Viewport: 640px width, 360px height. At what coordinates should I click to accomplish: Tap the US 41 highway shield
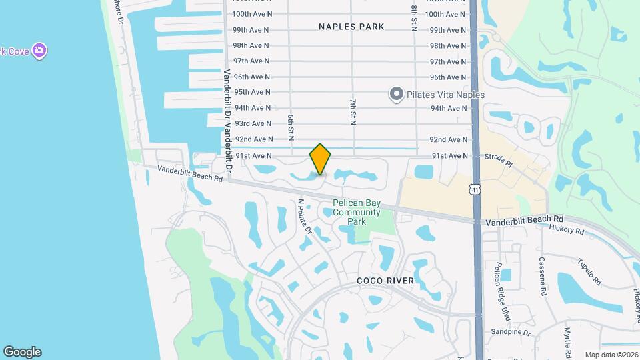pos(474,189)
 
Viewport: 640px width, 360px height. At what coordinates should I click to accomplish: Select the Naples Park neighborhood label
pos(351,27)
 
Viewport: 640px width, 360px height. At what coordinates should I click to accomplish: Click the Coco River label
pos(385,281)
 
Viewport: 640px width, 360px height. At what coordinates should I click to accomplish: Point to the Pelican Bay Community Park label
pos(357,212)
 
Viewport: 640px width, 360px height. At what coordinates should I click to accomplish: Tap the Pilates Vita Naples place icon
pos(397,95)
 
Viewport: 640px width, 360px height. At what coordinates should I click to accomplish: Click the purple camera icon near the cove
pos(40,51)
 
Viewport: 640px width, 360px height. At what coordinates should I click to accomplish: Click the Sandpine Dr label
pos(510,332)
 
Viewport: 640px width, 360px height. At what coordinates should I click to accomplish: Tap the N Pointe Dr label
pos(305,216)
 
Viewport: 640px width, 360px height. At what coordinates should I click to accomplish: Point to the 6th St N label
pos(291,127)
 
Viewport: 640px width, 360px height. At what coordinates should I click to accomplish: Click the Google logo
pos(22,352)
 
